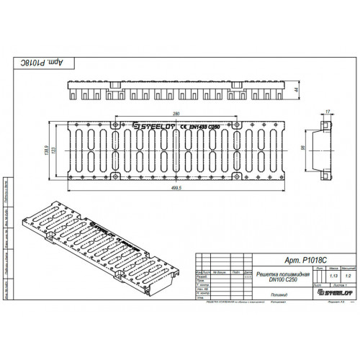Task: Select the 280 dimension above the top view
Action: pyautogui.click(x=176, y=114)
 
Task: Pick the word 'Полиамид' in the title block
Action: pyautogui.click(x=279, y=294)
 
